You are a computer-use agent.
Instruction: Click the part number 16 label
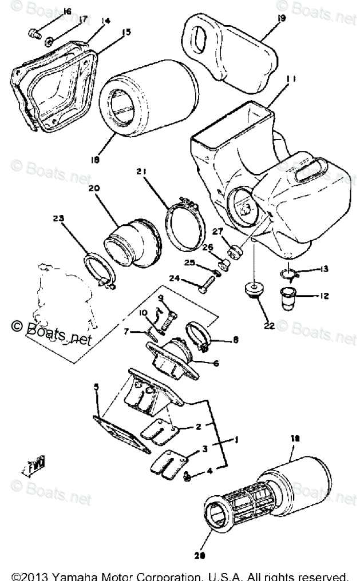(66, 12)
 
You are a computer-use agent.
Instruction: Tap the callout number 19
(281, 19)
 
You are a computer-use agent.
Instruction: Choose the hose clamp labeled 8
(199, 336)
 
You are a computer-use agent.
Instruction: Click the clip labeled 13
(290, 275)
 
